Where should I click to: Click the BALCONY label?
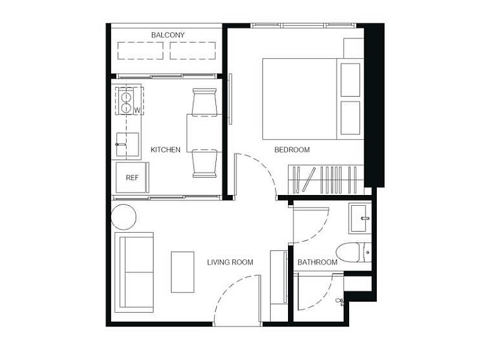point(168,35)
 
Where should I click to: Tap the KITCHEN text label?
point(166,149)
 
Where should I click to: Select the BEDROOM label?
point(292,149)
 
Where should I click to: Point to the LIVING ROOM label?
point(230,262)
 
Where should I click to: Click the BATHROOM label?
point(317,262)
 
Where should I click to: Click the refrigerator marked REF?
point(132,178)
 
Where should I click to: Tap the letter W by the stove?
point(137,110)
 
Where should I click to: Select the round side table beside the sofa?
point(124,217)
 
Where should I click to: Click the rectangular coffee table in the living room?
point(182,272)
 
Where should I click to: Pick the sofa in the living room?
point(134,272)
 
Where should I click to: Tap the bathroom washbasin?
point(359,218)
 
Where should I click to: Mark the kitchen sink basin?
point(127,145)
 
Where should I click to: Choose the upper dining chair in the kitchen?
point(204,102)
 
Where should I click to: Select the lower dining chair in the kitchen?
point(205,164)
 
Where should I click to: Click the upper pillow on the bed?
point(350,80)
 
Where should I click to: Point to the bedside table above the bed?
point(353,49)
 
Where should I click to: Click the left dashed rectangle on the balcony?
point(140,50)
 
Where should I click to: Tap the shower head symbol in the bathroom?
point(340,301)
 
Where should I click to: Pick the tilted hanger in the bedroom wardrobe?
point(309,179)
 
